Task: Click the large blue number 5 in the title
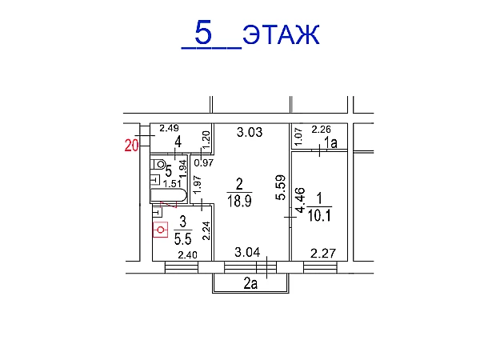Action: (203, 32)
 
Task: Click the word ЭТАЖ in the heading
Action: (281, 34)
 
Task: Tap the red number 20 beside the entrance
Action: (132, 146)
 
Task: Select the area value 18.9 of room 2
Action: (239, 202)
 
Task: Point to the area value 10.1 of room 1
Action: (319, 215)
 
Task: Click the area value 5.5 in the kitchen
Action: (182, 238)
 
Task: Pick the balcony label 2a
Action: (250, 284)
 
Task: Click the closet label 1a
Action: (330, 142)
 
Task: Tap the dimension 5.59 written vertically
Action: (281, 187)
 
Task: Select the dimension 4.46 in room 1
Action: (300, 200)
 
